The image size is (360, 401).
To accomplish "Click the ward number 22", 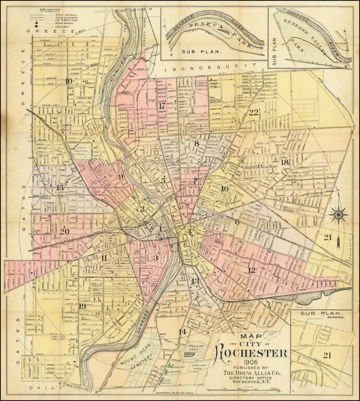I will click(x=254, y=113).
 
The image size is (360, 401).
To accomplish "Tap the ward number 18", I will click(x=284, y=162).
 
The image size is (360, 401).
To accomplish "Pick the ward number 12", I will click(x=251, y=269).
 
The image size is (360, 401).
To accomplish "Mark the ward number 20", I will click(x=65, y=231).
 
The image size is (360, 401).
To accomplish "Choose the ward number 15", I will click(x=61, y=187).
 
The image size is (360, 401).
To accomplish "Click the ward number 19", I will click(x=82, y=306).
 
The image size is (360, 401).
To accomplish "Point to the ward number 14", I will click(x=183, y=332).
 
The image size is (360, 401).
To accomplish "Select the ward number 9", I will click(x=121, y=176).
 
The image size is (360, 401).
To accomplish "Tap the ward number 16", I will click(x=225, y=188).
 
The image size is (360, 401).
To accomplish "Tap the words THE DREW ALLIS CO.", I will click(x=252, y=372).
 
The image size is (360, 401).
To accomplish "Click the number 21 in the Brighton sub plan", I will click(x=328, y=355).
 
